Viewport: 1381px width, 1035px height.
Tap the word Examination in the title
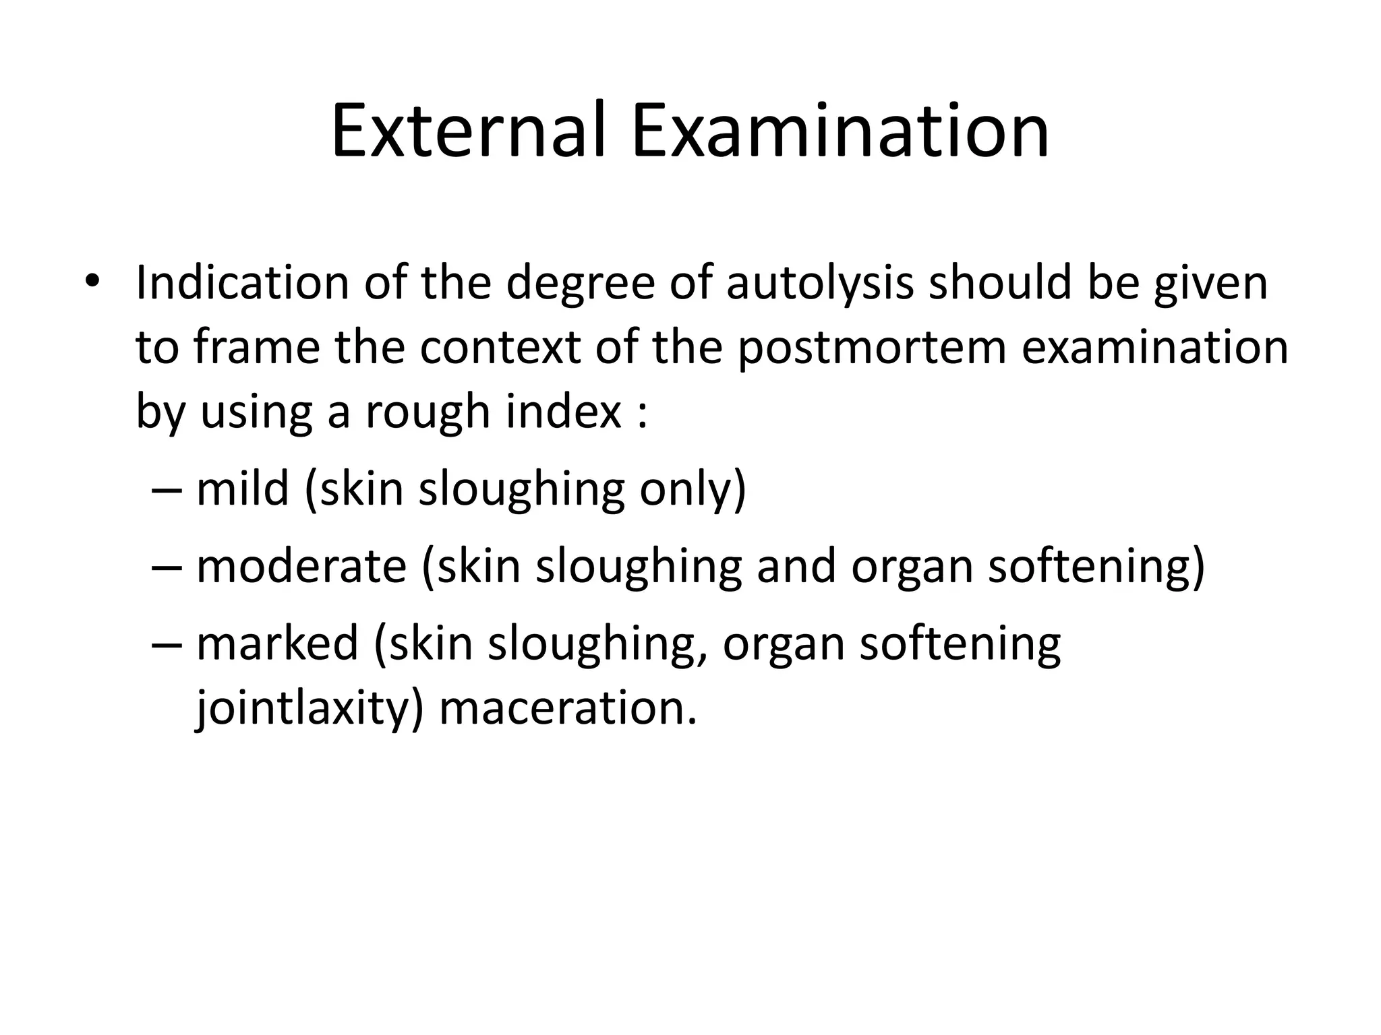pos(840,131)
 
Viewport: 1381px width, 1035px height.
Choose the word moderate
pos(301,566)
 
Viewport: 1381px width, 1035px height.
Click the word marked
pos(277,643)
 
